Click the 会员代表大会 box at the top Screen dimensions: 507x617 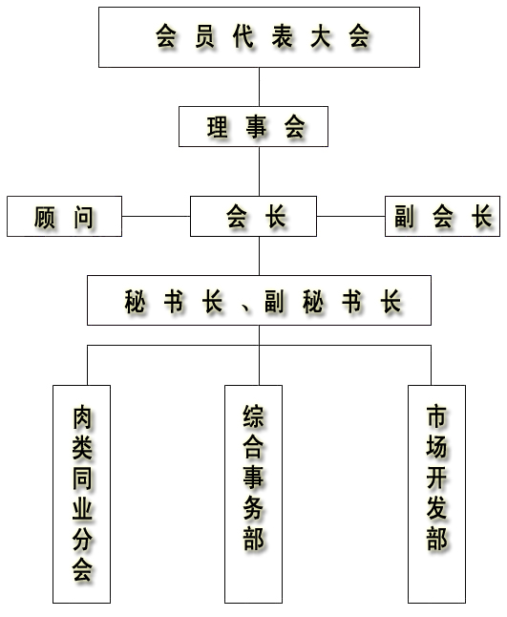259,37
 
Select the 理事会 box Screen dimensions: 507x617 253,126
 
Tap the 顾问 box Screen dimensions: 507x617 65,216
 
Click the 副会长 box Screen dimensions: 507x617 442,216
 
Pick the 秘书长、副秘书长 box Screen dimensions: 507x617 259,300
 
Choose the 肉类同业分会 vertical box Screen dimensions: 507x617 82,494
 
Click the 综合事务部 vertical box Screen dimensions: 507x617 253,494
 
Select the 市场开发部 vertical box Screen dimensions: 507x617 436,494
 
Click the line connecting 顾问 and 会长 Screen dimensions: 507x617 157,216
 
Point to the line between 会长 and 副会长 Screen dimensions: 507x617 350,216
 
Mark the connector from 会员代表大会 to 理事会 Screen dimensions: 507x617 259,87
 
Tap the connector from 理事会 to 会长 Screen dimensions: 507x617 259,171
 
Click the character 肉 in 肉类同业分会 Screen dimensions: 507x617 82,417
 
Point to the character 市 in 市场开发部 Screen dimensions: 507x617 436,416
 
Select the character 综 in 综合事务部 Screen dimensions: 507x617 254,416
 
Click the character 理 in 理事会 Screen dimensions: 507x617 218,127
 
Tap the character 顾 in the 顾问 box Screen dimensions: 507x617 45,217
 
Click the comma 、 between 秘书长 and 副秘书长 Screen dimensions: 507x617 246,308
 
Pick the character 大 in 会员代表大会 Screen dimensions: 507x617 321,36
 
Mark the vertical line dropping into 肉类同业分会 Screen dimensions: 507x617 87,365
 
